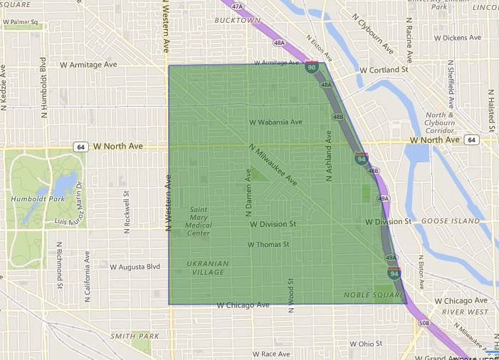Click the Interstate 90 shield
click(312, 68)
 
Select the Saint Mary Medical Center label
click(198, 221)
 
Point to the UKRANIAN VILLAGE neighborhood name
click(208, 268)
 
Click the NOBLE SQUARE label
click(369, 295)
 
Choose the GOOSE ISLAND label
click(451, 221)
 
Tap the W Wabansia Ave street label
click(275, 122)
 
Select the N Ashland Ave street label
click(329, 155)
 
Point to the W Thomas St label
click(268, 244)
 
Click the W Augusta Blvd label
click(135, 267)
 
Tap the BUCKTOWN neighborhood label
click(237, 21)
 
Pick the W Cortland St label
click(384, 70)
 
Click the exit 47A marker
click(237, 6)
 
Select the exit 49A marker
click(390, 258)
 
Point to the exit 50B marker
click(425, 324)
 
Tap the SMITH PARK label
click(135, 335)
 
